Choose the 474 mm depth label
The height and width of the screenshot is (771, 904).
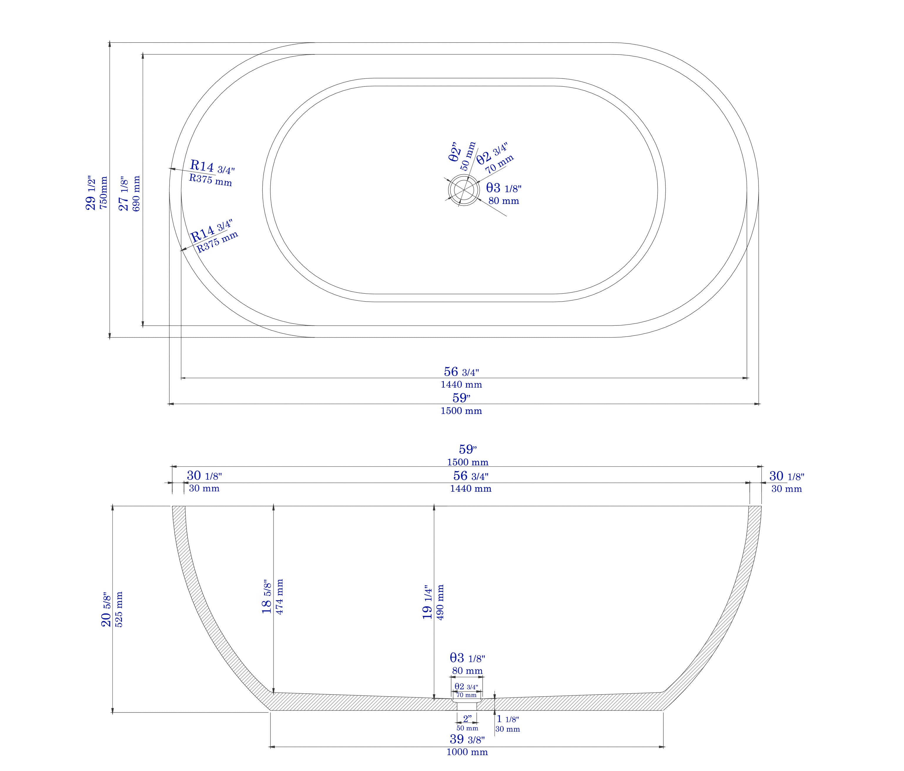280,596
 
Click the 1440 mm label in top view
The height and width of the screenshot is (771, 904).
461,384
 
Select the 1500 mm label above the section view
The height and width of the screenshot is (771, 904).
467,462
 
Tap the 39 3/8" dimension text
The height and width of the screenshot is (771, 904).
467,739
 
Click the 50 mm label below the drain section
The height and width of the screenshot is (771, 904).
467,728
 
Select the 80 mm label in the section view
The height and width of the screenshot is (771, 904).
467,671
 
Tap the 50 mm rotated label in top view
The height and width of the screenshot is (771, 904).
468,156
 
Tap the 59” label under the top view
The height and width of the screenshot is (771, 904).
461,397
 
